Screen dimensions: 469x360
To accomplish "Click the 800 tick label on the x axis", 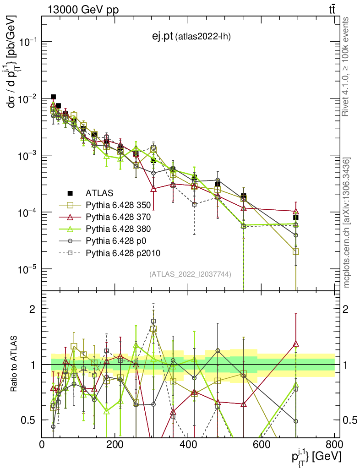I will coord(333,444).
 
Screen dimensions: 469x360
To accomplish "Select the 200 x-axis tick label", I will coord(115,444).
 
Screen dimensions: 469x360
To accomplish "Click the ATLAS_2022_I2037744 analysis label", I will coord(190,274).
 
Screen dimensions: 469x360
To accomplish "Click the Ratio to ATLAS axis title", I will coord(14,365).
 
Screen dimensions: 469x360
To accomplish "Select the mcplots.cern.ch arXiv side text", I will coord(347,223).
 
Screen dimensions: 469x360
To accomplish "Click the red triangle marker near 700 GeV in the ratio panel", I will coord(296,344).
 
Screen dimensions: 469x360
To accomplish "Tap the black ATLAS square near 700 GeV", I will coord(296,218).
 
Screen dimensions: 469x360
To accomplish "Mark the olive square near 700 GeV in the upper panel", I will coord(296,251).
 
